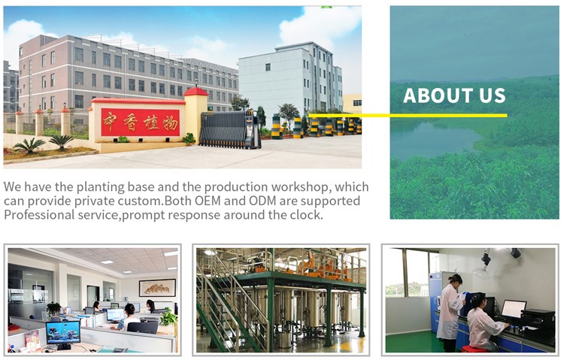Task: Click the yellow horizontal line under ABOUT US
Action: [408, 116]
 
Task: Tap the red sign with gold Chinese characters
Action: [141, 123]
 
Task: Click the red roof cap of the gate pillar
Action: [196, 92]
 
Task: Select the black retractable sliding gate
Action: [230, 130]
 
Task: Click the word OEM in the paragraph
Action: [208, 201]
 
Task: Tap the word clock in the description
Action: [305, 215]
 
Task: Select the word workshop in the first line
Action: [301, 187]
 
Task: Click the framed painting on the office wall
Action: [157, 288]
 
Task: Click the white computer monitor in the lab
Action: [514, 309]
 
